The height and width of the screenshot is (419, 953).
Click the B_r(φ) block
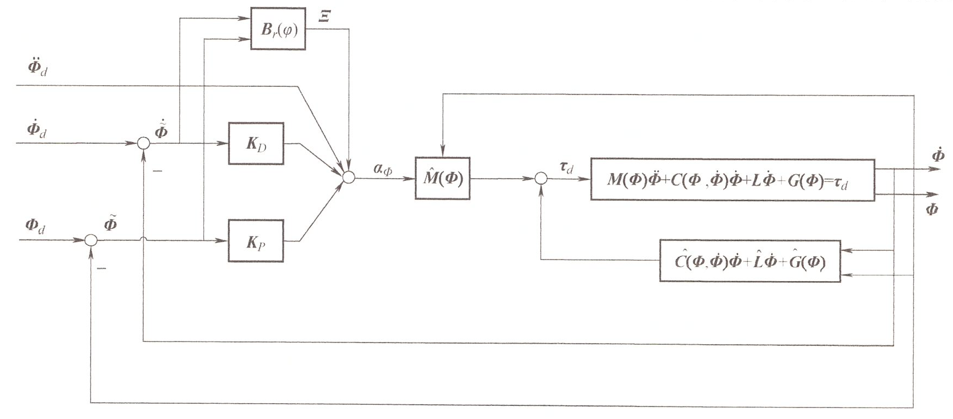click(278, 29)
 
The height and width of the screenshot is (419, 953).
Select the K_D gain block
click(256, 144)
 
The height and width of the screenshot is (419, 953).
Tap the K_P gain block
click(256, 241)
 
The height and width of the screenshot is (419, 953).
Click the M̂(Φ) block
click(442, 179)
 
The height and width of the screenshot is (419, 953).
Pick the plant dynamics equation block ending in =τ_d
click(732, 180)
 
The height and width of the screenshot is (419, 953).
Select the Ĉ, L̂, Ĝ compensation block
click(750, 261)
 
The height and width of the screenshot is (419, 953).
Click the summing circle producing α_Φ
click(348, 177)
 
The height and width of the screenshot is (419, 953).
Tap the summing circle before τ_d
click(541, 179)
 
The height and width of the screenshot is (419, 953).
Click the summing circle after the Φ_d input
click(91, 240)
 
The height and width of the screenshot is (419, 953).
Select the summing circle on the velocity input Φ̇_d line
click(143, 143)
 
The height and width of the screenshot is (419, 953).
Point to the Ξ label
click(324, 17)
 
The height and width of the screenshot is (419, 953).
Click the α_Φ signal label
click(382, 169)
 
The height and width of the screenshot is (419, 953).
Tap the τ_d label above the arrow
click(566, 168)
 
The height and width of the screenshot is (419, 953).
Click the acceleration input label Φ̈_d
click(37, 68)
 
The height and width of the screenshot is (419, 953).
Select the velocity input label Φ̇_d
click(37, 130)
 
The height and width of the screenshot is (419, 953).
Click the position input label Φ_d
click(35, 225)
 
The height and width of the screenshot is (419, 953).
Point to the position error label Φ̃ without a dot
click(110, 224)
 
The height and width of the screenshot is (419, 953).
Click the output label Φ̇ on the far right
click(938, 155)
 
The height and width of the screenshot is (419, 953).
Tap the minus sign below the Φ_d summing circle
click(102, 268)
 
